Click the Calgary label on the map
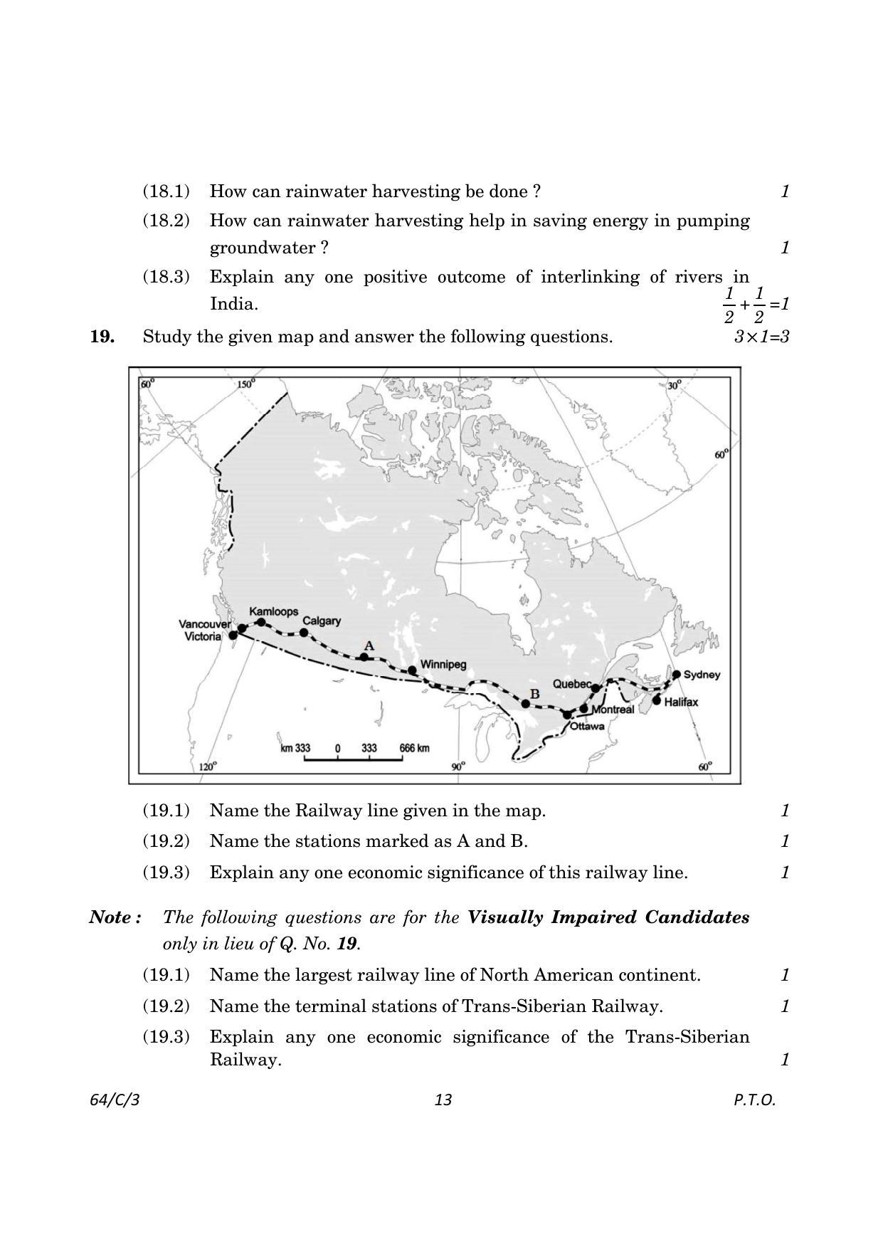322,621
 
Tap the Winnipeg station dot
412,670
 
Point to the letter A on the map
369,645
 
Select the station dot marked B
525,704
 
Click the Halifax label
681,702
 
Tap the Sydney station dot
677,674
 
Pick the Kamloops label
273,611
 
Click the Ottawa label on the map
587,727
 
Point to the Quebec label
571,684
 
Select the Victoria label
203,636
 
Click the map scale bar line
353,759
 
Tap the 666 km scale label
414,748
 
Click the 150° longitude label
246,384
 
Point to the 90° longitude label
459,766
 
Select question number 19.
102,337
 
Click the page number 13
443,1100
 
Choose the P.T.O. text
754,1100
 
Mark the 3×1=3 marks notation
761,337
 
